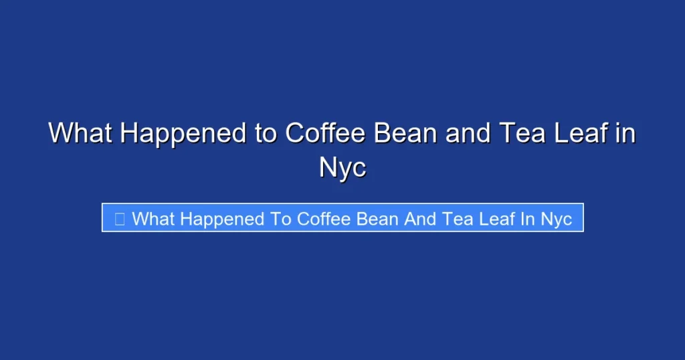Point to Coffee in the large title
tap(326, 133)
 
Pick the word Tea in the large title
tap(519, 133)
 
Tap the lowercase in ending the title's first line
tap(625, 133)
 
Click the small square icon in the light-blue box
tap(120, 218)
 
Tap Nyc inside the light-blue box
tap(557, 218)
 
